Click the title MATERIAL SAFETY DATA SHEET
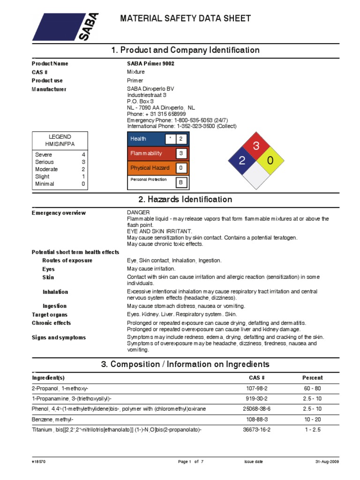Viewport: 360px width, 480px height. (186, 19)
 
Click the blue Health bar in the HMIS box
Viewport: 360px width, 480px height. (146, 139)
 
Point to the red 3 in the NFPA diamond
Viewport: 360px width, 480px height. (256, 146)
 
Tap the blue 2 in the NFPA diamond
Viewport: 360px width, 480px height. (241, 161)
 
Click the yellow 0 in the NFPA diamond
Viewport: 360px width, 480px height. (270, 161)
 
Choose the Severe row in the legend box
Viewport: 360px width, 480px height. (60, 154)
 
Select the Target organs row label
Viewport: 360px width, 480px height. (50, 315)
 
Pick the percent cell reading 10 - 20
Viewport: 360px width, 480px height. (313, 419)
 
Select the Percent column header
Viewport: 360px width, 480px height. (313, 377)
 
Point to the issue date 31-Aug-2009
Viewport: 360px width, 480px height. (327, 462)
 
